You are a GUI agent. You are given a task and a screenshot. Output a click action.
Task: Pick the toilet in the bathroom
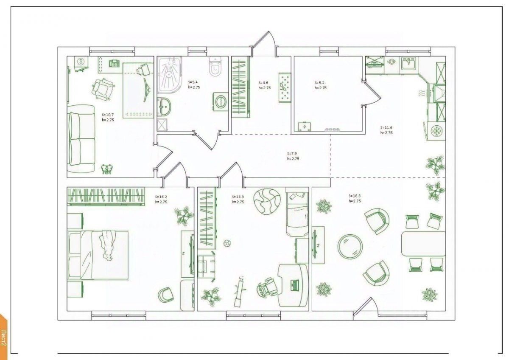point(215,67)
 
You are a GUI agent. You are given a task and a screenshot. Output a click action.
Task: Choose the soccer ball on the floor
point(227,244)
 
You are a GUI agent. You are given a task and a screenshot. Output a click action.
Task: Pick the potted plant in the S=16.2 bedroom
point(184,215)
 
